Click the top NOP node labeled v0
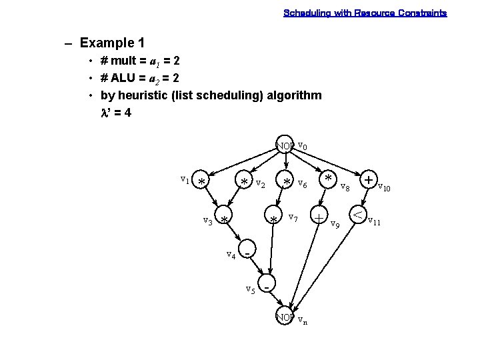tap(285, 145)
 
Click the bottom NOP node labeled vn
tap(285, 317)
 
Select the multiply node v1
tap(201, 181)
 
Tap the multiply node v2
tap(245, 181)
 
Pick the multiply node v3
tap(225, 219)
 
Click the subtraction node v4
tap(247, 253)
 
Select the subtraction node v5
tap(267, 287)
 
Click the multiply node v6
tap(287, 181)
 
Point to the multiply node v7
tap(273, 219)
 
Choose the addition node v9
tap(321, 218)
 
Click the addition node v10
tap(368, 181)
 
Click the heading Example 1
tap(112, 43)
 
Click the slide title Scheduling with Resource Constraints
tap(365, 13)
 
